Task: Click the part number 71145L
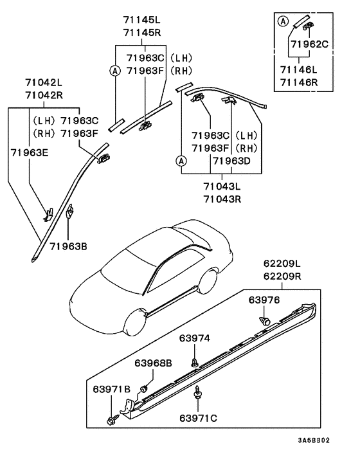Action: (x=142, y=20)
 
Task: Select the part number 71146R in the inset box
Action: (x=299, y=82)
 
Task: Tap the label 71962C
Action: (x=310, y=44)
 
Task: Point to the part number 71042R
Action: (x=44, y=95)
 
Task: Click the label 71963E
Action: (x=30, y=152)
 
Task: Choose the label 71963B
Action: (x=68, y=246)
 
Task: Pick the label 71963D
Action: (x=231, y=161)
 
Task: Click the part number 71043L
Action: (x=222, y=186)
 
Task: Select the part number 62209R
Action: (x=282, y=277)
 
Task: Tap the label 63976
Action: (x=264, y=300)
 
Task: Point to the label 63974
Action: (x=195, y=338)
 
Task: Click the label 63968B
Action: (x=153, y=363)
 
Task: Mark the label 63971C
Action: (x=198, y=419)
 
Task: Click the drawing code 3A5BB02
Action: (x=314, y=440)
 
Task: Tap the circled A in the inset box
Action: (x=283, y=21)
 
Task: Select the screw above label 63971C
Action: (x=198, y=392)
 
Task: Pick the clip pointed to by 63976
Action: (x=264, y=320)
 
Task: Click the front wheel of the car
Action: (x=136, y=322)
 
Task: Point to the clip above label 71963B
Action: (x=70, y=211)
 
